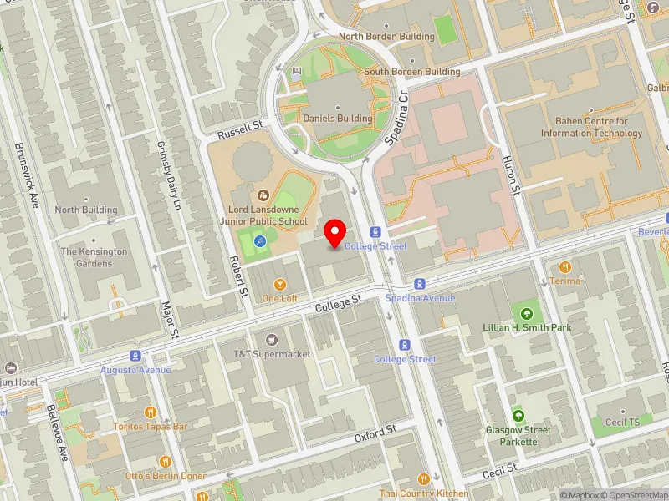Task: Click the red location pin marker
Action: click(x=336, y=233)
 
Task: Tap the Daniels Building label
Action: click(x=338, y=119)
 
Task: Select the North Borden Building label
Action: click(x=386, y=37)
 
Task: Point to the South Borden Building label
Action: click(x=411, y=72)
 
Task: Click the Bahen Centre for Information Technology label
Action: click(x=591, y=127)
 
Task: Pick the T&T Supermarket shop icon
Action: click(x=271, y=340)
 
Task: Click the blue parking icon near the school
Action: click(x=260, y=241)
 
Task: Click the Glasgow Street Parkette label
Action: click(x=519, y=436)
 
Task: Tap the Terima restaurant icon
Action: click(x=565, y=267)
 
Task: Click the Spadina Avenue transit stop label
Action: click(x=420, y=298)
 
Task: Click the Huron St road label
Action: click(x=512, y=176)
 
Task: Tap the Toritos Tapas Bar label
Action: click(x=151, y=426)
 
